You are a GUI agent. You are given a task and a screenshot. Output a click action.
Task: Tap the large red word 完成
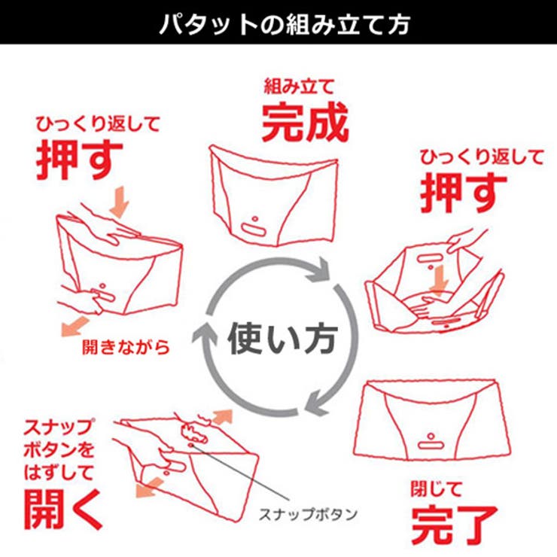click(305, 122)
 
